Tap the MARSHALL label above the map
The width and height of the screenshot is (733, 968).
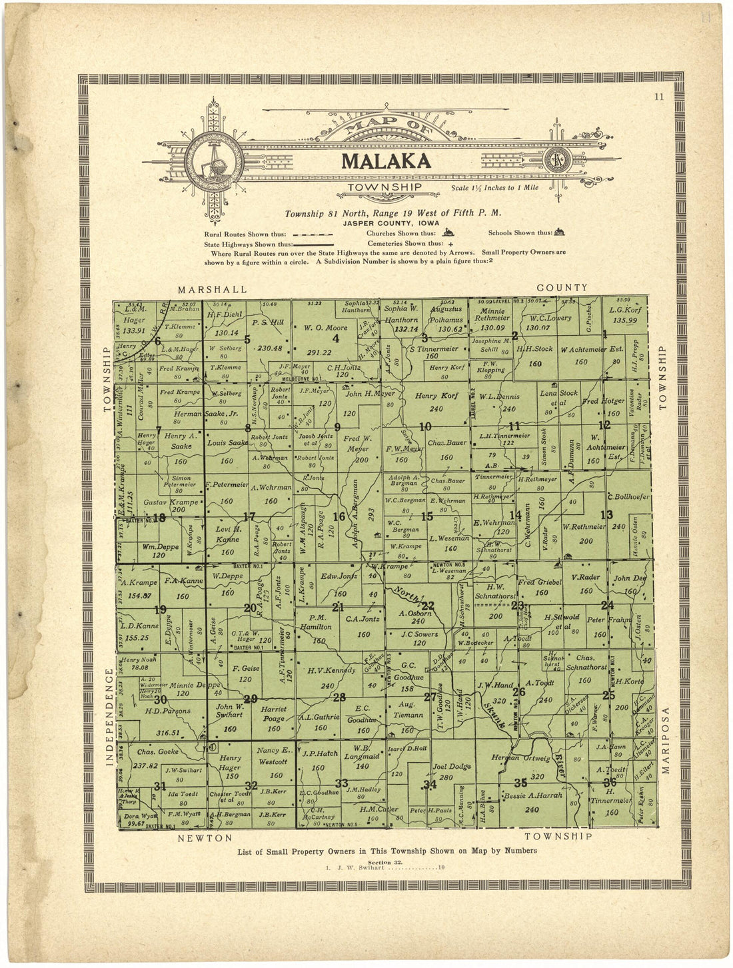212,289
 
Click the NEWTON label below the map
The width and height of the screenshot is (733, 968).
205,837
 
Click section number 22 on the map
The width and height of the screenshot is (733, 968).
428,605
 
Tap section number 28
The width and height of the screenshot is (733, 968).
339,698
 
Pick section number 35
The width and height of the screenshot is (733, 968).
520,782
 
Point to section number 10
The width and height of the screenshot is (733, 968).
424,426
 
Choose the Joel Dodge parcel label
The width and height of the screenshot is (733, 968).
452,766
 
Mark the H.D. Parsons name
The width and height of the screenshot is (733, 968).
167,710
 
